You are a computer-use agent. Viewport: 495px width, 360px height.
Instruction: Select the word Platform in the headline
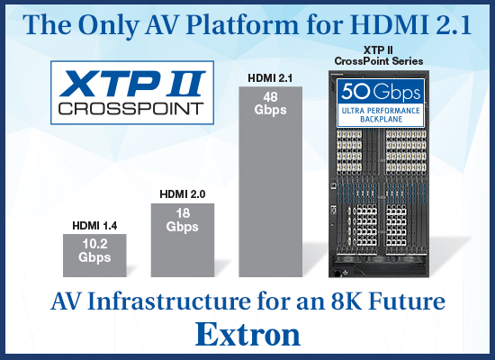tap(242, 24)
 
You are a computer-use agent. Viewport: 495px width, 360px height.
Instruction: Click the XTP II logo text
tap(132, 84)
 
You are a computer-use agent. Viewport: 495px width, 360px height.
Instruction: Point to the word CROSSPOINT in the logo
tap(130, 109)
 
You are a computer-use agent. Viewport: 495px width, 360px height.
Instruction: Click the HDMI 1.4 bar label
tap(94, 226)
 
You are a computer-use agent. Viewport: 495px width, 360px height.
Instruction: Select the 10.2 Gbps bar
tap(94, 256)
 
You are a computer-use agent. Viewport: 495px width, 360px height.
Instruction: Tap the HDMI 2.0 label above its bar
tap(183, 193)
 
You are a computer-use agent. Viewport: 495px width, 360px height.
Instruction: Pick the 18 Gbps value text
tap(183, 220)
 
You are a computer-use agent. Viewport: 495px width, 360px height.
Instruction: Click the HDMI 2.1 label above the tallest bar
tap(270, 78)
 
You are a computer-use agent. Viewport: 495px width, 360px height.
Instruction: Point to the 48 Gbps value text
tap(271, 103)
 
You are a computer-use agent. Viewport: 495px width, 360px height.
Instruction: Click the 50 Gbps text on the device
tap(381, 92)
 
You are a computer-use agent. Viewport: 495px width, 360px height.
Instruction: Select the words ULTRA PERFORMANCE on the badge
tap(381, 111)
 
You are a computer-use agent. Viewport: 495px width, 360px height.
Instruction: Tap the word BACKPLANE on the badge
tap(381, 119)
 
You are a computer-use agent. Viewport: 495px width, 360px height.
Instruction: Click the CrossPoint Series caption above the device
tap(379, 61)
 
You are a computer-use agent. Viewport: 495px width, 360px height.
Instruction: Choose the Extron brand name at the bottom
tap(247, 335)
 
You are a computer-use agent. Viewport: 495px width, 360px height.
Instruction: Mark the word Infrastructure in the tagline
tap(169, 301)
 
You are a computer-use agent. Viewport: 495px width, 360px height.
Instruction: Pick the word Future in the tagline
tap(407, 301)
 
